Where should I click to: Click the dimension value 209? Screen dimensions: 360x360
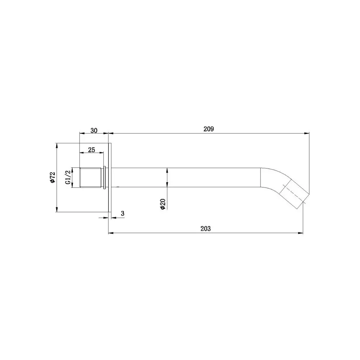(x=208, y=129)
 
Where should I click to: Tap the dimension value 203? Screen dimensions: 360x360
(x=206, y=229)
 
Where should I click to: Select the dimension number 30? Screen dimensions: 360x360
(x=94, y=130)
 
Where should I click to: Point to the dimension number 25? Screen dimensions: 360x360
(x=91, y=150)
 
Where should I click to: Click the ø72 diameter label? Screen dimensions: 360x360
(x=53, y=177)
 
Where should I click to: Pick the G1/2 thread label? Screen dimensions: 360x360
(x=68, y=177)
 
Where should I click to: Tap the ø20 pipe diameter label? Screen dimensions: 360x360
(x=163, y=204)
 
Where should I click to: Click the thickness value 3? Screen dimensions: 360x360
(x=123, y=213)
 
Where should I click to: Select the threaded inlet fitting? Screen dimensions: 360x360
(x=91, y=177)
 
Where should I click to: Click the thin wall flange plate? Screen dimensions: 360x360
(x=110, y=177)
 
